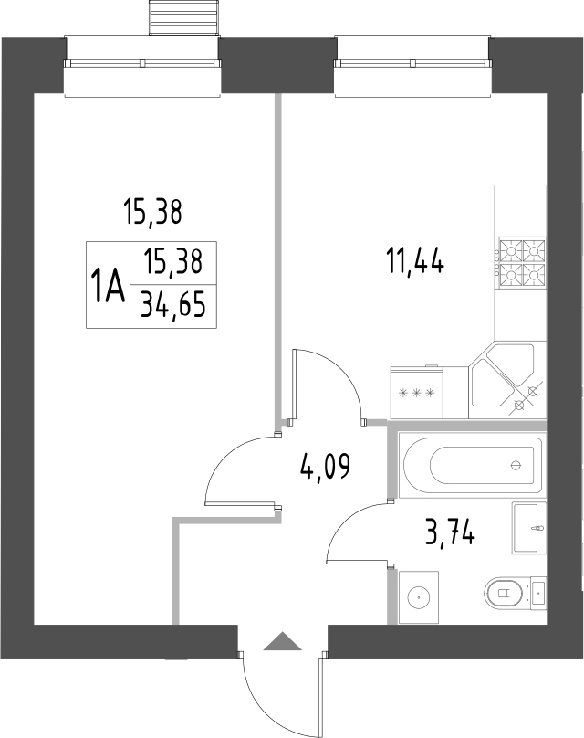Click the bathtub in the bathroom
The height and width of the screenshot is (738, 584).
coord(472,463)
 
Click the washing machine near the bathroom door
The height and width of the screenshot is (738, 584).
coord(419,597)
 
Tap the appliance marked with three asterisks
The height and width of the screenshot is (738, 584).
coord(416,394)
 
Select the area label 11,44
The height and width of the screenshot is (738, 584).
coord(414,263)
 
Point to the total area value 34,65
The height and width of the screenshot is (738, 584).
coord(172,308)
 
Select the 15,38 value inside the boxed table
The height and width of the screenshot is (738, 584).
coord(172,264)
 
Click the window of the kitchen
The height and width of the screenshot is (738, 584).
coord(414,63)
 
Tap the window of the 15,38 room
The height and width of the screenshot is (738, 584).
coord(143,63)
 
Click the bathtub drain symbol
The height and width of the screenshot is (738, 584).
coord(516,464)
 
